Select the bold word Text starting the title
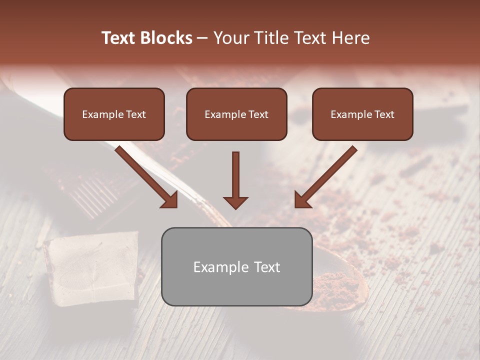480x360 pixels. click(118, 38)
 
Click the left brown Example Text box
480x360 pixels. click(114, 114)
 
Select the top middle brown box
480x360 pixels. click(236, 114)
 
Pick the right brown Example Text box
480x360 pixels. click(362, 114)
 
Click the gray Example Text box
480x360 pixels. click(236, 267)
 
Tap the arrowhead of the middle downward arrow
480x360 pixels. click(235, 202)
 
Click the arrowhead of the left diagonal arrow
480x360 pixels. click(170, 199)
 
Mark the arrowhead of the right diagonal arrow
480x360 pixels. click(302, 199)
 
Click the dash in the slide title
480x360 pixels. click(202, 38)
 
